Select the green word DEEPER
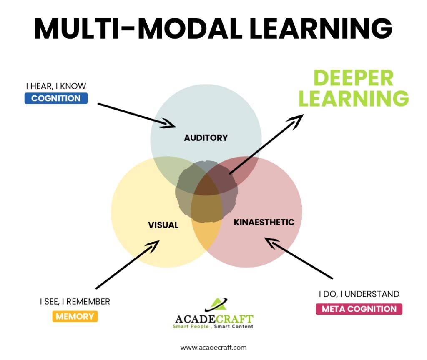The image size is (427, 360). (353, 78)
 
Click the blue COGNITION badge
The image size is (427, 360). (56, 99)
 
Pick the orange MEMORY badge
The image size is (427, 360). (75, 316)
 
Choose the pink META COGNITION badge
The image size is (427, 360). (359, 309)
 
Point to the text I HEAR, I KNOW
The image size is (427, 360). (56, 87)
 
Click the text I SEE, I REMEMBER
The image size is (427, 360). (75, 301)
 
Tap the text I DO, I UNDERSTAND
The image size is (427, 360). (359, 294)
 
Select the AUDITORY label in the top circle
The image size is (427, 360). (206, 137)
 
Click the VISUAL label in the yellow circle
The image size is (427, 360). (163, 225)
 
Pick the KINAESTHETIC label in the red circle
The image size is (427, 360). (264, 222)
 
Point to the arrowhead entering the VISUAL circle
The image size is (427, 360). (153, 245)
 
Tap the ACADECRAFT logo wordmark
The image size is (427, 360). (213, 319)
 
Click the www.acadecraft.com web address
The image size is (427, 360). (213, 347)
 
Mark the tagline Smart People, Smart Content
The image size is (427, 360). (213, 327)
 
